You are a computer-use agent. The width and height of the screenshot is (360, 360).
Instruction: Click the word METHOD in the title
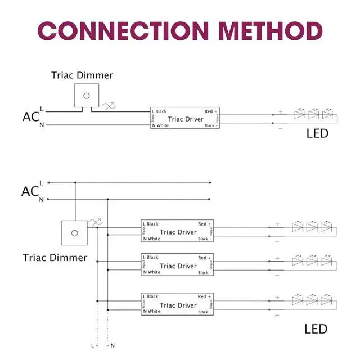262,31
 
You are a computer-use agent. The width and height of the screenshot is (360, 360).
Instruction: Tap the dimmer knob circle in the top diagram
86,96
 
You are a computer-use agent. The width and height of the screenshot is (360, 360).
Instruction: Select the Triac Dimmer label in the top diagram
82,75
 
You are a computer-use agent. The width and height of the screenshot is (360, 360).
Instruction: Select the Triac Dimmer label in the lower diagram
55,258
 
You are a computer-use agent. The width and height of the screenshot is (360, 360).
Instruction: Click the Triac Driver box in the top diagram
184,119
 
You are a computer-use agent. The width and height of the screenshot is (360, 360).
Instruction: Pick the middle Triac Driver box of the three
178,265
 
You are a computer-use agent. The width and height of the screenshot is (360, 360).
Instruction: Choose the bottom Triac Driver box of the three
178,304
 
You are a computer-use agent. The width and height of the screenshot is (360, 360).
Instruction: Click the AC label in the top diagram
30,117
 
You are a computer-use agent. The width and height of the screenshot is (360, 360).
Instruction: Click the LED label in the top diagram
317,134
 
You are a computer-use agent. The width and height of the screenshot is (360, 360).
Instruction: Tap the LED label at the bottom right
316,328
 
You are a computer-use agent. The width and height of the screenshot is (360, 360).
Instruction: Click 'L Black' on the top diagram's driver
159,111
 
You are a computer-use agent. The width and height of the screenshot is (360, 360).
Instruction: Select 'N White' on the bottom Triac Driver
152,311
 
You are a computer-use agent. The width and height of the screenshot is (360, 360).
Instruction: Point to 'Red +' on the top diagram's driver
211,111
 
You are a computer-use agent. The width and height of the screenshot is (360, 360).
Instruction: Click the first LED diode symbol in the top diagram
299,114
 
